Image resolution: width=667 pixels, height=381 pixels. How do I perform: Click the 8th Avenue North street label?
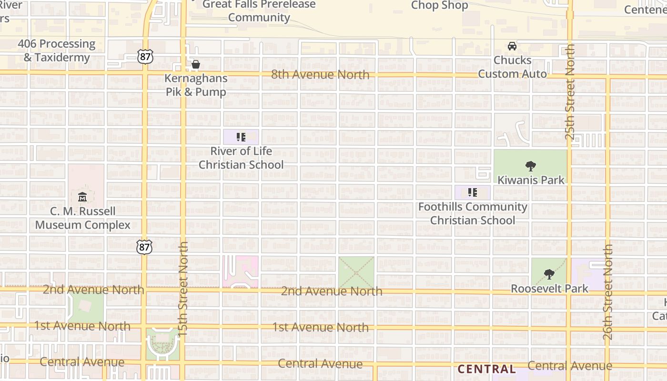[320, 75]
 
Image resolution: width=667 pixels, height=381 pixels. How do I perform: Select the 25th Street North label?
[570, 92]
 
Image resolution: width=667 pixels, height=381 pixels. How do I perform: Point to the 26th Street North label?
[607, 292]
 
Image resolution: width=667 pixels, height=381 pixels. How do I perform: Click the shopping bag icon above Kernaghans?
[195, 64]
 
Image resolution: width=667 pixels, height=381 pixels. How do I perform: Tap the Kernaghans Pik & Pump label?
[196, 85]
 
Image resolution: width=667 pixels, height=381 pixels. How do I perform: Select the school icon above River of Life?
[241, 137]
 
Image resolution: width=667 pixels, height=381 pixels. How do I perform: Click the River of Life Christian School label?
[241, 158]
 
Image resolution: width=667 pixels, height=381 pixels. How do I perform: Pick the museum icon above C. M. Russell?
[82, 196]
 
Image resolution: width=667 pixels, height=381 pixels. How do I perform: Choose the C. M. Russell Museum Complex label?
[83, 218]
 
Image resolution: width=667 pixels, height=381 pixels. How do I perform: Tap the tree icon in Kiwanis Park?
[530, 166]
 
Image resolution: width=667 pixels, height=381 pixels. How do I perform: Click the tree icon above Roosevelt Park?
[549, 274]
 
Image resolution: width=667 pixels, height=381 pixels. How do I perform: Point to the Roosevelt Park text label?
[549, 289]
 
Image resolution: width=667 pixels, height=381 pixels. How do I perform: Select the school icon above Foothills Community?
[472, 192]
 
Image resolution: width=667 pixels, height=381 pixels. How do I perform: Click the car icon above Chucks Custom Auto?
[512, 46]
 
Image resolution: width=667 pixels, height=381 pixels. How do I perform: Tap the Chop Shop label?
[439, 5]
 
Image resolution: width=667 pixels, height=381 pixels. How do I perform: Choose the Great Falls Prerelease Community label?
[259, 11]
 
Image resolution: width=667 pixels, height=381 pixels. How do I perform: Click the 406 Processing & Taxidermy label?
[57, 50]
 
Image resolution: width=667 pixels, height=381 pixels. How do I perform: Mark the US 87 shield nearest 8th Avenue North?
[145, 56]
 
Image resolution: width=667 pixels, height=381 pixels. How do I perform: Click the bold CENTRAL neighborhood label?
[486, 369]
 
